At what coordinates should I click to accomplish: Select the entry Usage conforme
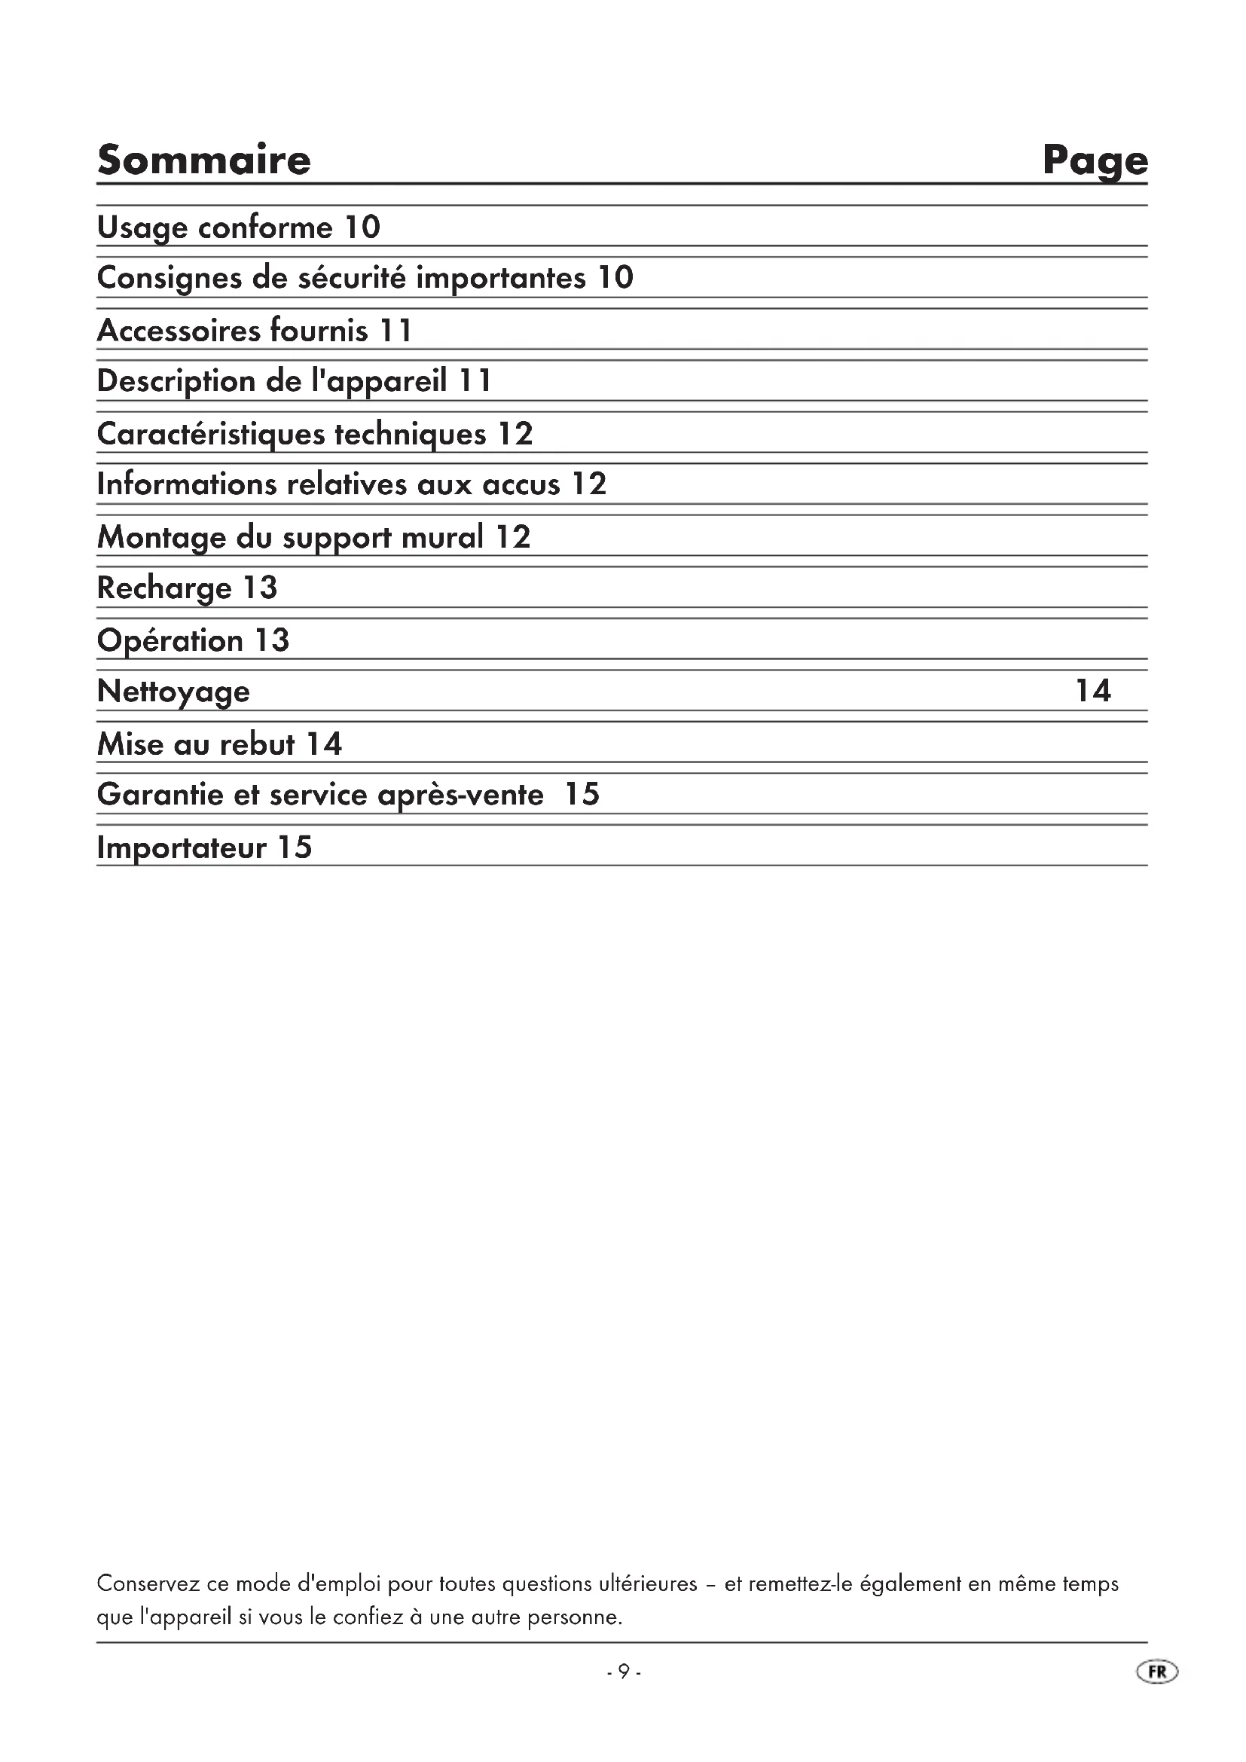pyautogui.click(x=215, y=228)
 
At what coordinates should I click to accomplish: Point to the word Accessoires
pyautogui.click(x=179, y=331)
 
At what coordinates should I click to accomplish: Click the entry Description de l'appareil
pyautogui.click(x=272, y=381)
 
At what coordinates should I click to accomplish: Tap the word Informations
pyautogui.click(x=186, y=484)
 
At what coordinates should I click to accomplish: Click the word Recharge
pyautogui.click(x=164, y=588)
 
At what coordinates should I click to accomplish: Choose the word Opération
pyautogui.click(x=170, y=641)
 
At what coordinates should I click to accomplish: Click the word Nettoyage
pyautogui.click(x=173, y=692)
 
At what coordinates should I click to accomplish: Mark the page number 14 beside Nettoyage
pyautogui.click(x=1092, y=691)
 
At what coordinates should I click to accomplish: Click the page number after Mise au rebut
pyautogui.click(x=324, y=744)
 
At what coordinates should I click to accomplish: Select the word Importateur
pyautogui.click(x=181, y=848)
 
